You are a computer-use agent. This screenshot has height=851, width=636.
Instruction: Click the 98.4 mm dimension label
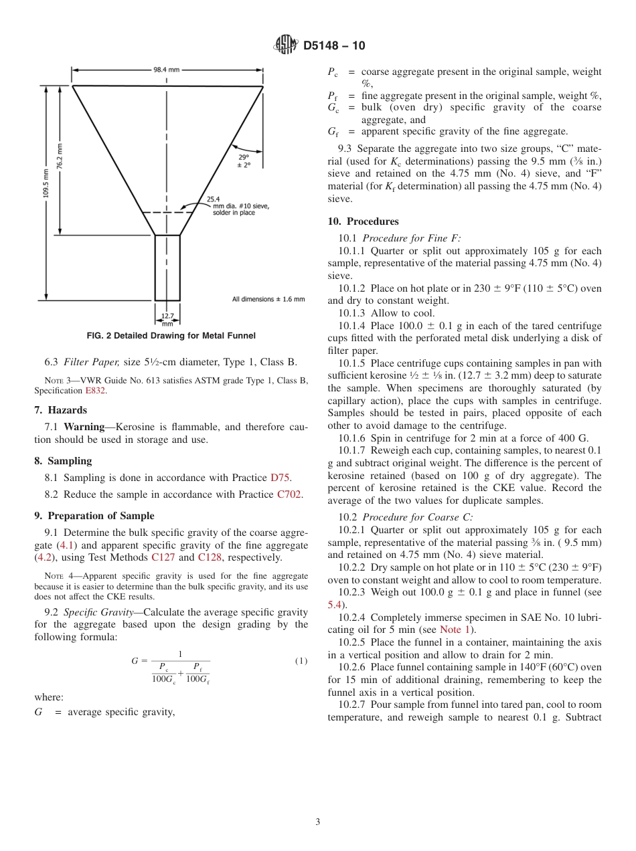166,69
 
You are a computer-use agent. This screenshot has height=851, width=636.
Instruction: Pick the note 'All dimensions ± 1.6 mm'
268,299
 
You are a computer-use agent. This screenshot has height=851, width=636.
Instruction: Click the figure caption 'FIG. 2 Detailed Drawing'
171,336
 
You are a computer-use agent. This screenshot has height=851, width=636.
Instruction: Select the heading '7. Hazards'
60,410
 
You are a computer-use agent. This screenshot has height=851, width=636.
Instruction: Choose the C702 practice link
289,494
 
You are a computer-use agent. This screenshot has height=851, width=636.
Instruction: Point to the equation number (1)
301,661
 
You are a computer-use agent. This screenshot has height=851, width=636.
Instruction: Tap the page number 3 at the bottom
317,822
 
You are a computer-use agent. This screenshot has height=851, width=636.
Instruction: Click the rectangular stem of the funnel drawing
167,268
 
